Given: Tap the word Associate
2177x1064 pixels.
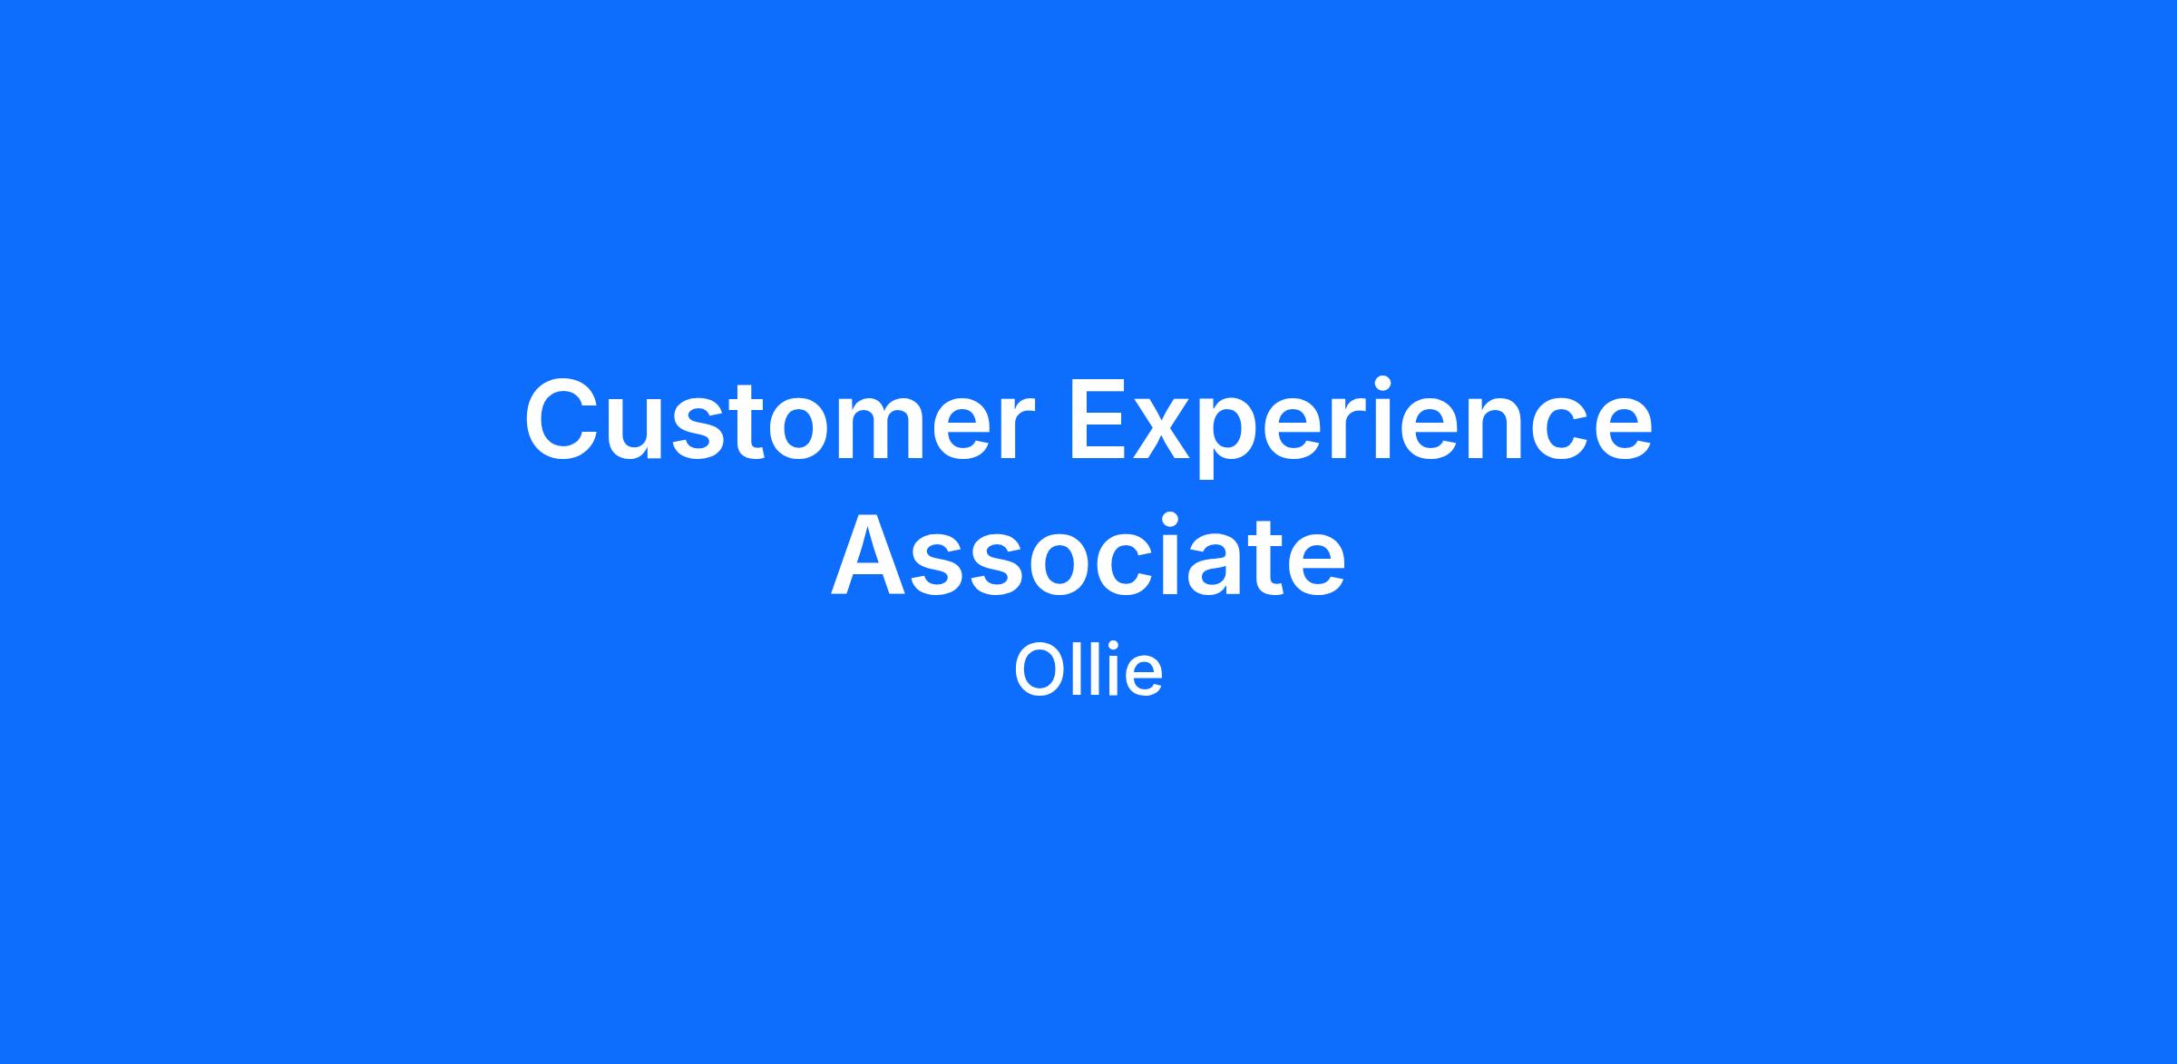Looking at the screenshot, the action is click(1088, 555).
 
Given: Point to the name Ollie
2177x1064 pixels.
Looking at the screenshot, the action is click(1088, 670).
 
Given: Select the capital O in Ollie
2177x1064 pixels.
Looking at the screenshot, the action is click(1040, 671).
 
